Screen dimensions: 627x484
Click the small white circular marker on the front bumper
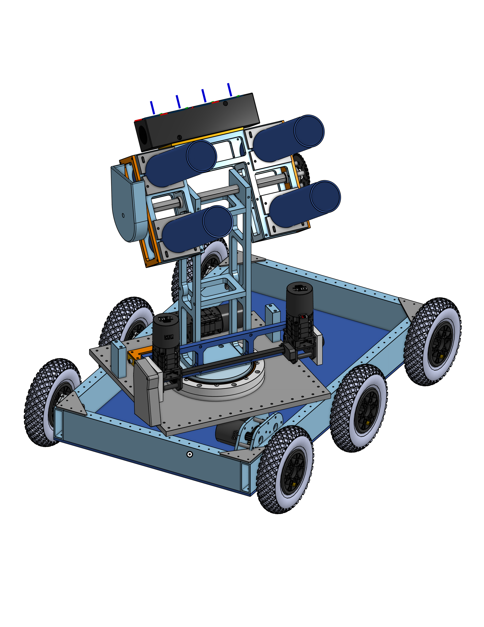189,454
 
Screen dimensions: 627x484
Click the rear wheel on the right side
433,342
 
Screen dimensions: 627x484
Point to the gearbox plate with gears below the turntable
258,431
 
